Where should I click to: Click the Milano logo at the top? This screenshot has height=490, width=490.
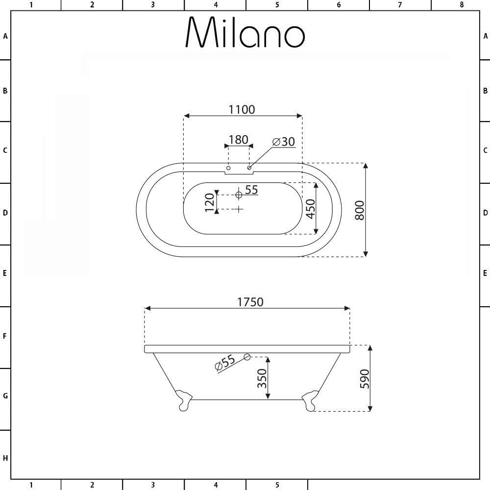245,32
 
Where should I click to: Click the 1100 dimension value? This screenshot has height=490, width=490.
242,110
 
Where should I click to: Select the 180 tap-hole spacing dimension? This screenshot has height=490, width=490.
239,140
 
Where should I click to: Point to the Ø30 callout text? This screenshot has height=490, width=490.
284,142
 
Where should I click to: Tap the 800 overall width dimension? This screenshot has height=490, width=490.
360,210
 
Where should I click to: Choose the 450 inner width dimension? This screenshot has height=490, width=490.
310,209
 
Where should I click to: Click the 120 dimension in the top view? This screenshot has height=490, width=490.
210,202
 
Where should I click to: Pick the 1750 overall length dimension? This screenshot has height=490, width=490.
250,302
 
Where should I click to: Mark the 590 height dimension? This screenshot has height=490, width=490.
365,379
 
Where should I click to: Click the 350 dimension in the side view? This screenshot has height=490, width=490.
262,378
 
